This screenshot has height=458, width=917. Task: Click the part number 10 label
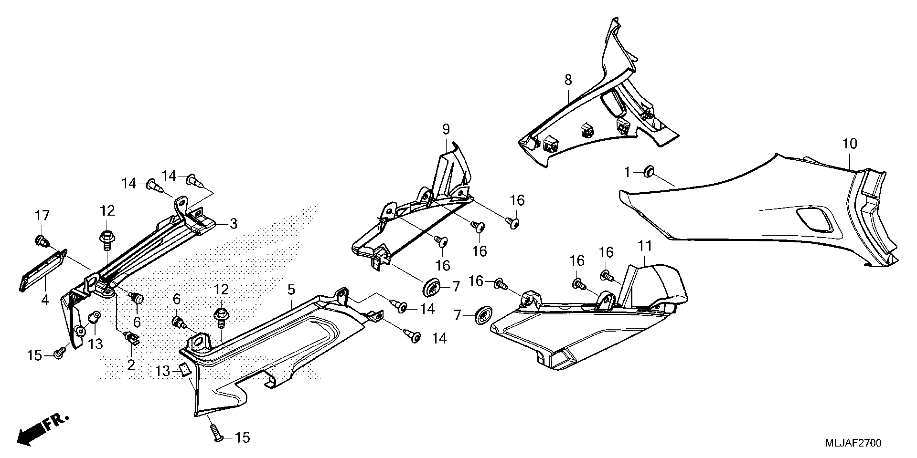coord(850,144)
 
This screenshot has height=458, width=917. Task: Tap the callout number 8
coord(568,80)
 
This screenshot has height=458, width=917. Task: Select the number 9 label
coord(446,129)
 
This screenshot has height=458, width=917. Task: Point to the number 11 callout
coord(645,246)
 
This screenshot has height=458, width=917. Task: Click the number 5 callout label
coord(291,290)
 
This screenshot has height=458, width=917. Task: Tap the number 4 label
coord(45,300)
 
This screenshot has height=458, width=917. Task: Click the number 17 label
coord(42,216)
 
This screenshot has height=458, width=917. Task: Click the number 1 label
coord(627,173)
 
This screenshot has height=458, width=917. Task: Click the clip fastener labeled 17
coord(40,240)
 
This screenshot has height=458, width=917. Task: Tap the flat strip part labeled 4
coord(42,270)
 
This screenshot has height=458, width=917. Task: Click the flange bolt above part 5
coord(221,316)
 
